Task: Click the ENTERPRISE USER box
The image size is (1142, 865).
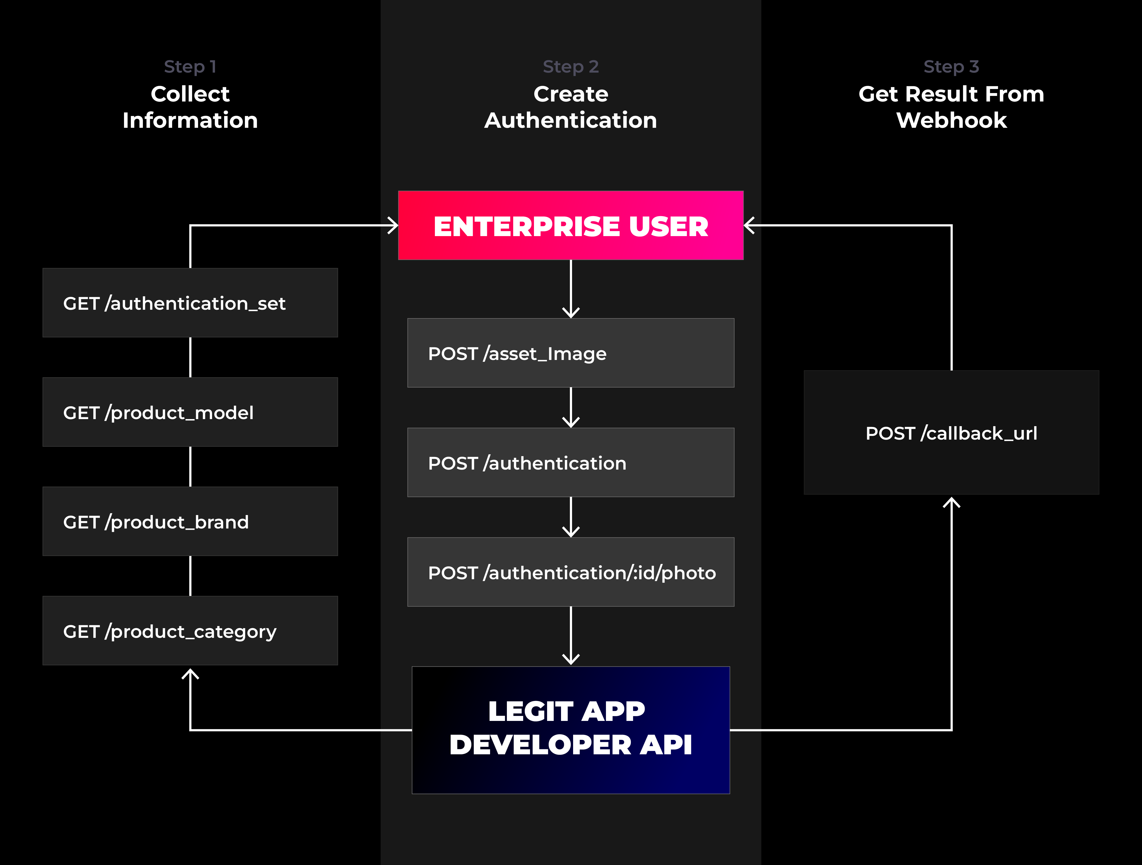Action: [570, 225]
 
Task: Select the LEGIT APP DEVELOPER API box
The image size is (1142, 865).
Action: [570, 730]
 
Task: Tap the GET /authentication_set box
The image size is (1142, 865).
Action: [190, 303]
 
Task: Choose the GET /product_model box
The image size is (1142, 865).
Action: [190, 412]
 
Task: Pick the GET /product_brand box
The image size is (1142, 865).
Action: [190, 522]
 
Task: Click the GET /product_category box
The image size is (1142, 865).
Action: [190, 630]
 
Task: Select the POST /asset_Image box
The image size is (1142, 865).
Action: [570, 353]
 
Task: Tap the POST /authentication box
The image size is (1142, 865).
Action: [570, 462]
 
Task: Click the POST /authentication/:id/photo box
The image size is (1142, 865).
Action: [570, 572]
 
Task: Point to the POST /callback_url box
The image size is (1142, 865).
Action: [951, 432]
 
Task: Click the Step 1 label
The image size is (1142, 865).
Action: [190, 67]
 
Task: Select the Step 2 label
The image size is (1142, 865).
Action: [570, 67]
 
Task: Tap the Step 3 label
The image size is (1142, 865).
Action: [951, 67]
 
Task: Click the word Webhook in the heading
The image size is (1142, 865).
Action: [951, 120]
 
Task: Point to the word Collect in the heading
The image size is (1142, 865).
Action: [190, 94]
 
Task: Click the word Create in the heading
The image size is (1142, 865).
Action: [570, 94]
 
